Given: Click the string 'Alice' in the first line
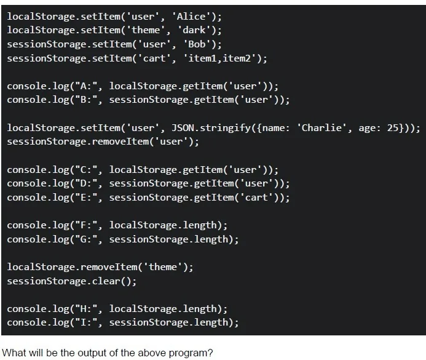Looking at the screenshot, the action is pos(191,17).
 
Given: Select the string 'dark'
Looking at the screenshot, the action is pos(194,30).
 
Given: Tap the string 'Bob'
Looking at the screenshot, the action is pos(197,44).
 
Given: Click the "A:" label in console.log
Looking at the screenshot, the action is pos(86,86).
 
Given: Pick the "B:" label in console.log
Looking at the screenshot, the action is pos(86,100).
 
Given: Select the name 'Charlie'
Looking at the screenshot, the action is pos(321,128).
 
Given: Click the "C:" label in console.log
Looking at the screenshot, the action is pos(86,170).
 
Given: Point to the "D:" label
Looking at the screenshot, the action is pos(86,183).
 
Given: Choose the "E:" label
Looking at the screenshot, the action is pos(86,198).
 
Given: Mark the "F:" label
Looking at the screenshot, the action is pos(86,225).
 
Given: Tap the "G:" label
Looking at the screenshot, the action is pos(86,239).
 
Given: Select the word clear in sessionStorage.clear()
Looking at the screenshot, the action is pos(106,281).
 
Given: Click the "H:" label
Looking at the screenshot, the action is pos(86,309).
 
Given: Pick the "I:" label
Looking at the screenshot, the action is pos(86,322).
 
